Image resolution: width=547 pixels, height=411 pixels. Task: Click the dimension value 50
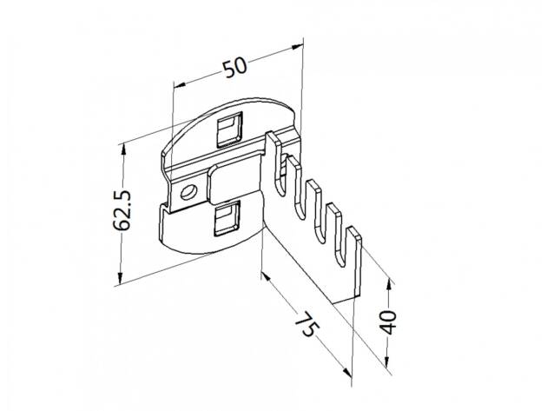pyautogui.click(x=234, y=68)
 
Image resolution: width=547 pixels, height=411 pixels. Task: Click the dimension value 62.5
pyautogui.click(x=122, y=210)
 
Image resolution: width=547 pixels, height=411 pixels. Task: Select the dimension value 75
pyautogui.click(x=306, y=324)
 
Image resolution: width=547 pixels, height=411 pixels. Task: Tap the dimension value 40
pyautogui.click(x=388, y=322)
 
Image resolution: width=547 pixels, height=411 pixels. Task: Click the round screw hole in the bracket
pyautogui.click(x=188, y=192)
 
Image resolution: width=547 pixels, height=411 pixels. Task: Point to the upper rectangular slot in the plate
pyautogui.click(x=230, y=129)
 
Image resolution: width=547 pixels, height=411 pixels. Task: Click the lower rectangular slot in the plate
pyautogui.click(x=227, y=219)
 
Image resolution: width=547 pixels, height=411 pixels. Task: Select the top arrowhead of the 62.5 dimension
pyautogui.click(x=122, y=150)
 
